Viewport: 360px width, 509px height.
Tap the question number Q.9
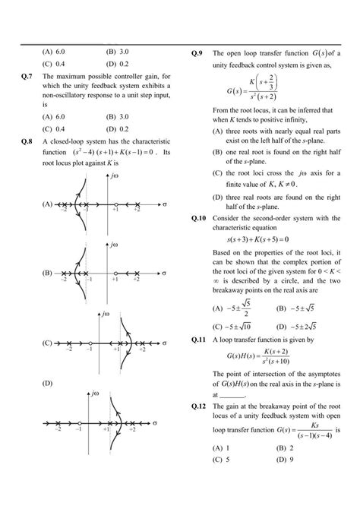[197, 53]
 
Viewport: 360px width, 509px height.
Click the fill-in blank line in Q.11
[234, 396]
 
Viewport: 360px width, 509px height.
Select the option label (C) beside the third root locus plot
[47, 343]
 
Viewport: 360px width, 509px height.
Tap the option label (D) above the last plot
[47, 384]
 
